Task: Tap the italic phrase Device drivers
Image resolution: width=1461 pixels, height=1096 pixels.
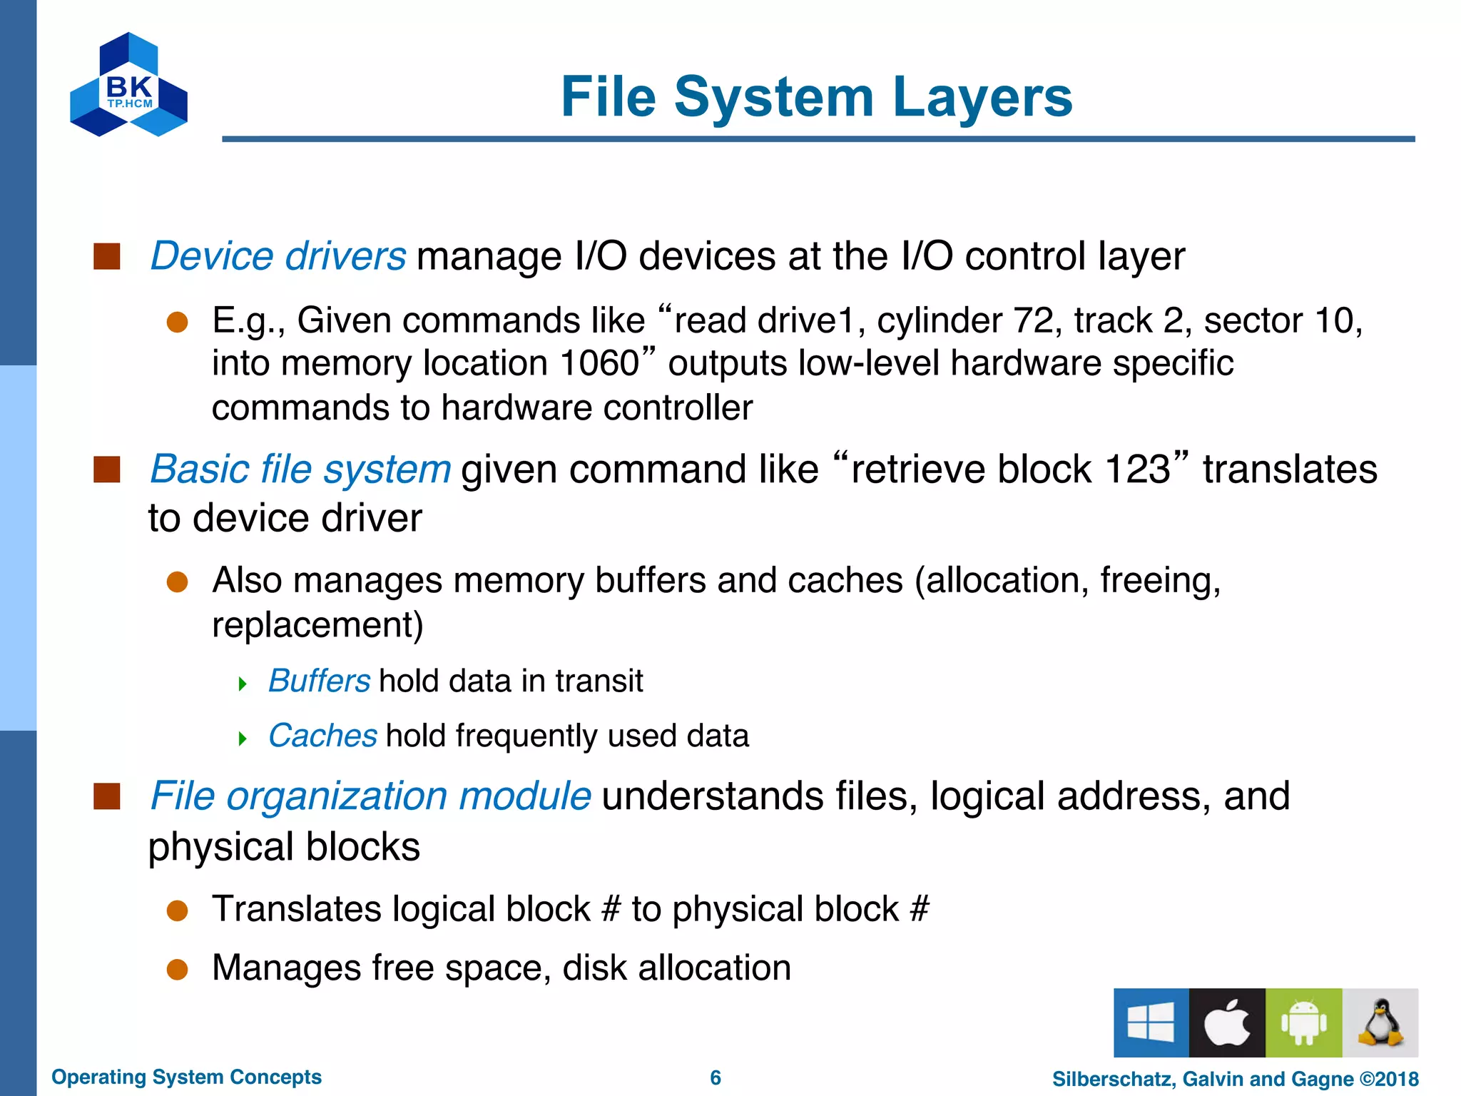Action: pyautogui.click(x=278, y=256)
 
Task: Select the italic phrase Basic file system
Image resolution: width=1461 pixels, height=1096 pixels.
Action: pyautogui.click(x=300, y=470)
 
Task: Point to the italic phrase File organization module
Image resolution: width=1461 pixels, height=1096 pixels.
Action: pyautogui.click(x=370, y=796)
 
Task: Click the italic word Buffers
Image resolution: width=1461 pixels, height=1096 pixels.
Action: pyautogui.click(x=319, y=681)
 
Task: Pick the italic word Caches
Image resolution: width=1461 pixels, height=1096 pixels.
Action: pyautogui.click(x=322, y=736)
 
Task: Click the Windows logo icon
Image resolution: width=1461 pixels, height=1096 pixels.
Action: pyautogui.click(x=1151, y=1023)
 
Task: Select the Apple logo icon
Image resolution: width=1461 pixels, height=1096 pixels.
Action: pyautogui.click(x=1227, y=1023)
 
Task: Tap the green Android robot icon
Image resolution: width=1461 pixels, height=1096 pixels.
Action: pyautogui.click(x=1303, y=1023)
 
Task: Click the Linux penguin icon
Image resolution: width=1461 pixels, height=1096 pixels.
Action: pyautogui.click(x=1380, y=1023)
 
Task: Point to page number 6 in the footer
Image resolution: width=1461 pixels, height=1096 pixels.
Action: pyautogui.click(x=716, y=1077)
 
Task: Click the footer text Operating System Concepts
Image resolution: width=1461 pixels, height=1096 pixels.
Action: pyautogui.click(x=186, y=1077)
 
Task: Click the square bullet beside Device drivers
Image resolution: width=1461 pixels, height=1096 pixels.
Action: pyautogui.click(x=107, y=256)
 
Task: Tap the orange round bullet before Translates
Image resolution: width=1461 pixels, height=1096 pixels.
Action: pyautogui.click(x=177, y=910)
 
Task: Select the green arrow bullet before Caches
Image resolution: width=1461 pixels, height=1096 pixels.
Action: pyautogui.click(x=243, y=739)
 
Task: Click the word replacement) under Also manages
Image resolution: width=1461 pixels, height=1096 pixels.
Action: pyautogui.click(x=317, y=625)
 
